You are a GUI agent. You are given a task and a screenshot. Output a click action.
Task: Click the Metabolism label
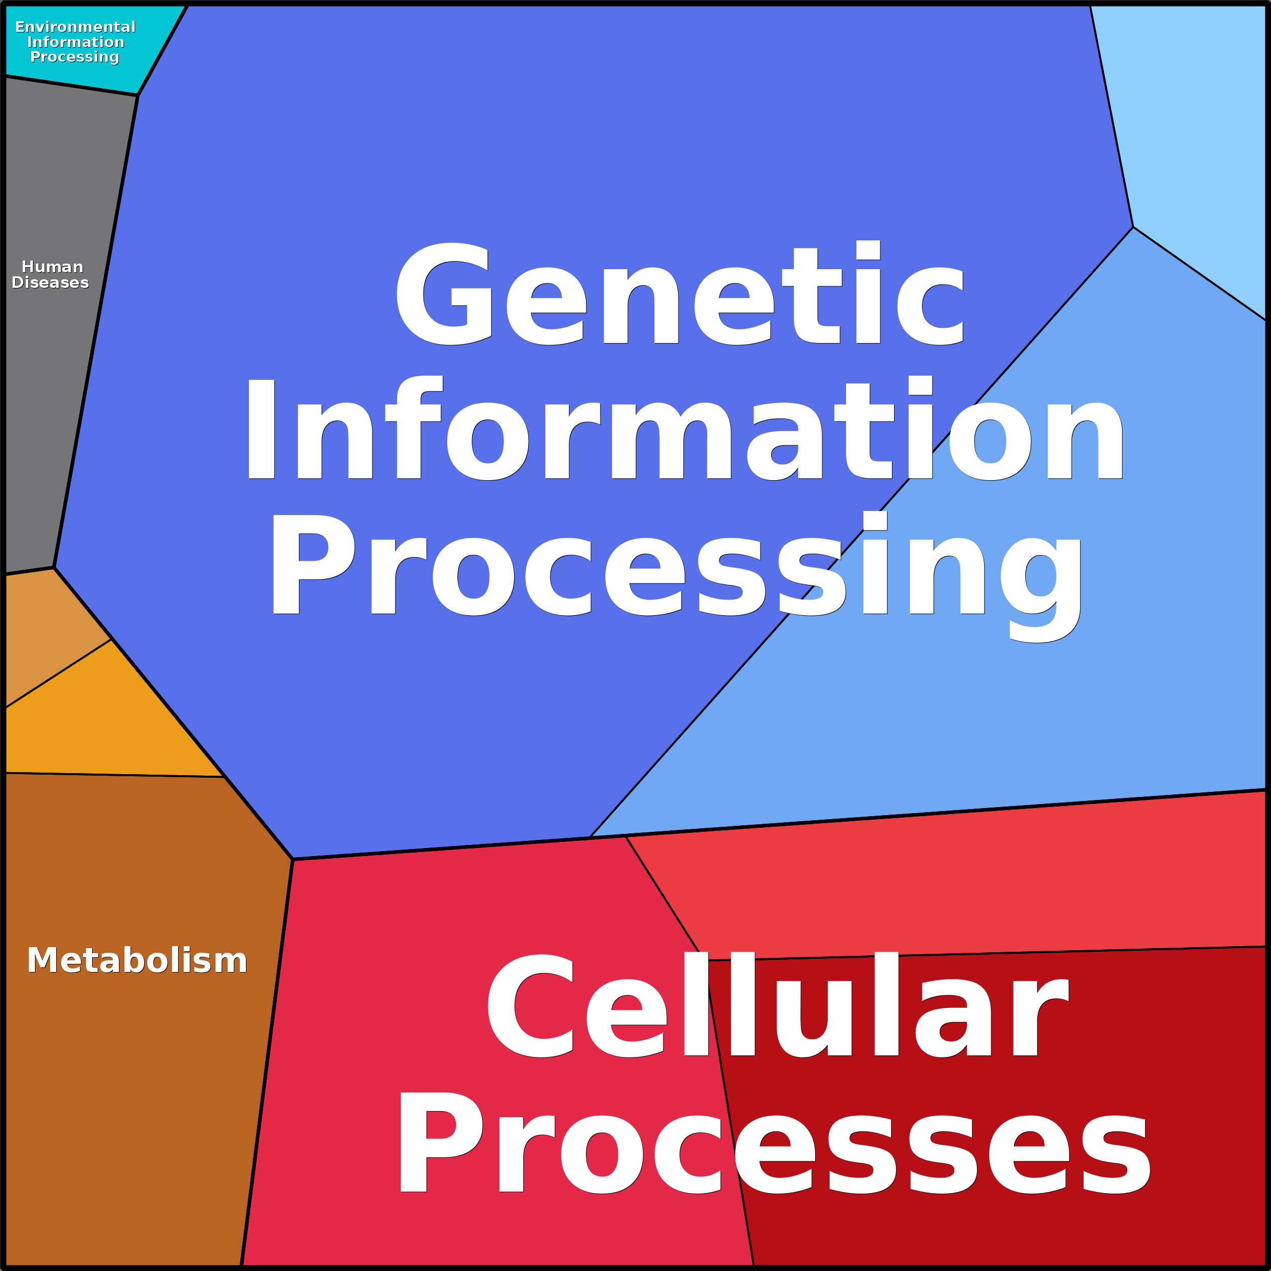[137, 960]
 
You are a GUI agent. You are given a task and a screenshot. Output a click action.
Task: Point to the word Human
[52, 267]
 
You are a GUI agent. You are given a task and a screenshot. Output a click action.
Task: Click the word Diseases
[50, 282]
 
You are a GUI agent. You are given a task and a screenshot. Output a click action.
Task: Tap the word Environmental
[75, 27]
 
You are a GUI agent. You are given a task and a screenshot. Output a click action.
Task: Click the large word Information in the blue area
[684, 431]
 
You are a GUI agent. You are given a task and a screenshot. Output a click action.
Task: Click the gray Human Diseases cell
[59, 395]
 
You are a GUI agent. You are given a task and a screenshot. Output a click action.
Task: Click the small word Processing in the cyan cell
[74, 57]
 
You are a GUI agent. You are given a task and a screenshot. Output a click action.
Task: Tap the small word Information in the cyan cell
[75, 42]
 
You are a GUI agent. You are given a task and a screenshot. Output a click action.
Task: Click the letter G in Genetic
[444, 294]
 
